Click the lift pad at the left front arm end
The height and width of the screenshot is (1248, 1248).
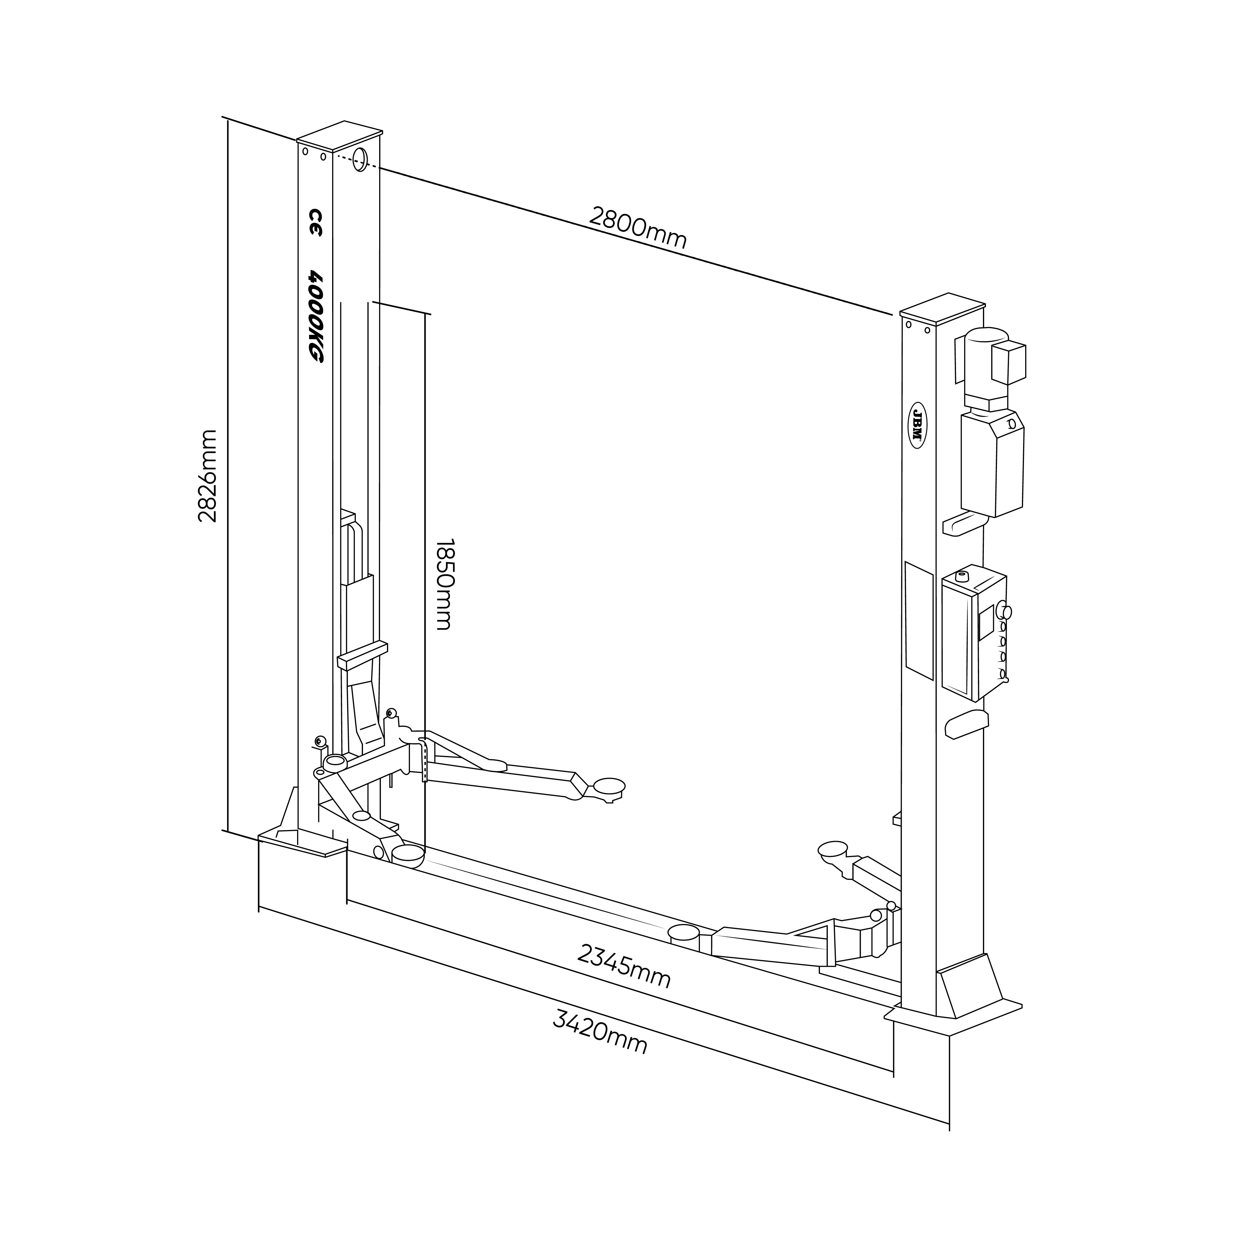pos(408,856)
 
